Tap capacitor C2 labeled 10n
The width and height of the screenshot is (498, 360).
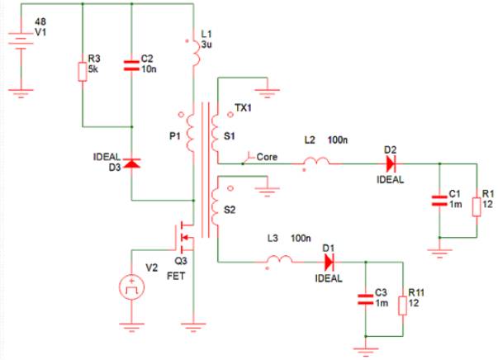click(133, 66)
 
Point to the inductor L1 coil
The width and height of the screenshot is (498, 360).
click(195, 52)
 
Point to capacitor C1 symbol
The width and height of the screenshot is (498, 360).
click(438, 202)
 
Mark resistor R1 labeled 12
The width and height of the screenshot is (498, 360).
click(476, 203)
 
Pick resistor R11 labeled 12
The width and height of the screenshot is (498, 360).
click(402, 305)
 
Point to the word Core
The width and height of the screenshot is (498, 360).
click(267, 156)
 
